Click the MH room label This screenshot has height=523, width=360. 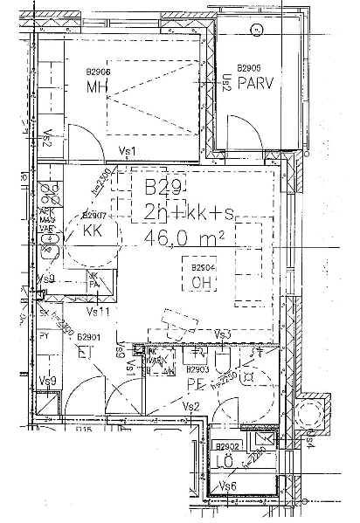pos(96,87)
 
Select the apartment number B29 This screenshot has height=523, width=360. pos(163,187)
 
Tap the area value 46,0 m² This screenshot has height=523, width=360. pos(184,236)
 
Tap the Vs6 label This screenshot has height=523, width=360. pos(228,485)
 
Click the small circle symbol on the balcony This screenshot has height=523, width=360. pos(257,29)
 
